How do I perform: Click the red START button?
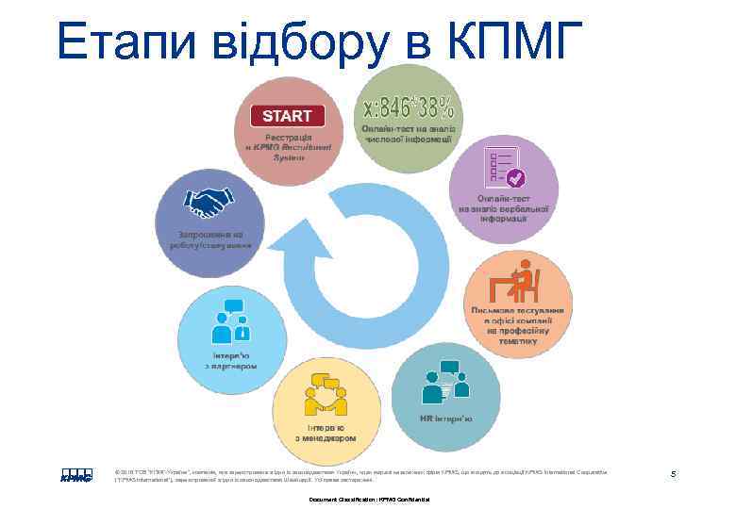[x=287, y=117]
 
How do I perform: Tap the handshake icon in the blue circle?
[x=210, y=202]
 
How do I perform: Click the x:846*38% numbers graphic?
[x=407, y=99]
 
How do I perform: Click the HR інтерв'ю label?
[x=446, y=419]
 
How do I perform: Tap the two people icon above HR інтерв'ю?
[x=443, y=381]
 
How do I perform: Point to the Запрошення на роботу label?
[x=207, y=239]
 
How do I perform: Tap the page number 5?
[x=673, y=474]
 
